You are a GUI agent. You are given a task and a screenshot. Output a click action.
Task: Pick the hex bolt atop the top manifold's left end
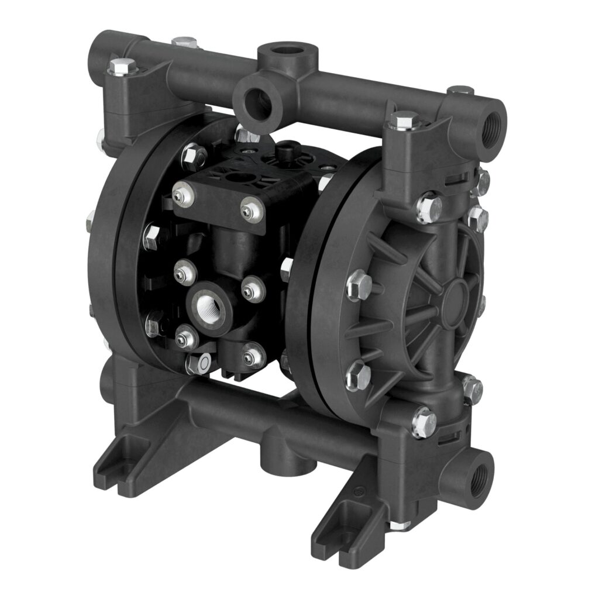123,65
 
